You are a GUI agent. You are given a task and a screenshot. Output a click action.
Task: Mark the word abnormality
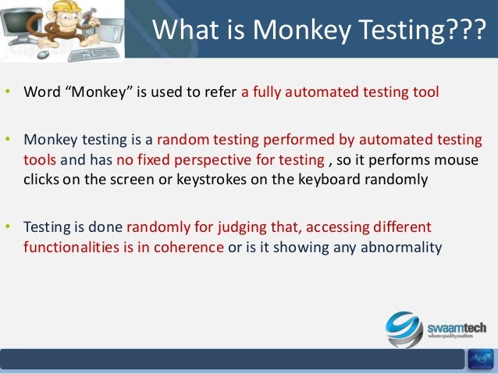click(x=402, y=248)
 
